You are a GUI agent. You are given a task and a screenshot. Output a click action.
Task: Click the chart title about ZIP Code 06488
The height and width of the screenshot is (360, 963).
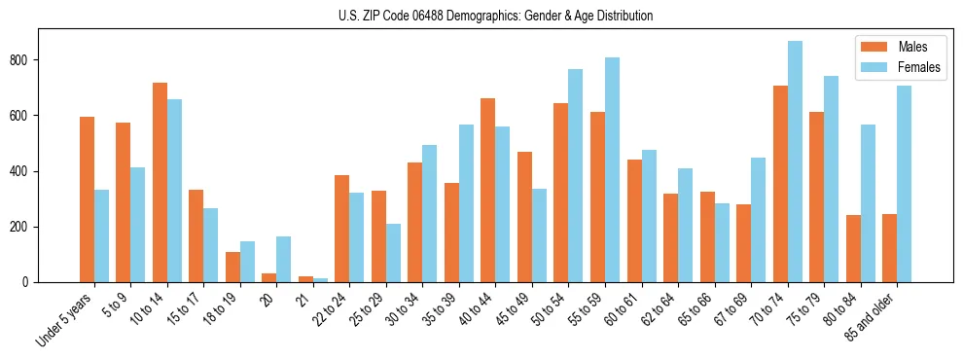481,16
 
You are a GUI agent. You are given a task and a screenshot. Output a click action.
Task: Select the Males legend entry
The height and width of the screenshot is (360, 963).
899,47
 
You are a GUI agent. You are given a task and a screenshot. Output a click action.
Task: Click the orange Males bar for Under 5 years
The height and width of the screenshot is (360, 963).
87,199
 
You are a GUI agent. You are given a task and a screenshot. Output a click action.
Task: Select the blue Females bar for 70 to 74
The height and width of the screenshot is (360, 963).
795,162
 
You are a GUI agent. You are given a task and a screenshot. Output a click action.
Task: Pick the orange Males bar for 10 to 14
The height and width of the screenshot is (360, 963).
160,183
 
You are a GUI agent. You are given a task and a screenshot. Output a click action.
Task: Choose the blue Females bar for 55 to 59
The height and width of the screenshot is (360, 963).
612,170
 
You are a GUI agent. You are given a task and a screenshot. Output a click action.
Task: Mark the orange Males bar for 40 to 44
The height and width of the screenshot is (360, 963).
488,191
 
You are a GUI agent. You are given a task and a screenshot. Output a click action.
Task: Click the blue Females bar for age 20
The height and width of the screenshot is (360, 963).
283,260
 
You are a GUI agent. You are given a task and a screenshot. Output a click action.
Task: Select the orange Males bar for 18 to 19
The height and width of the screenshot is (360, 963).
232,268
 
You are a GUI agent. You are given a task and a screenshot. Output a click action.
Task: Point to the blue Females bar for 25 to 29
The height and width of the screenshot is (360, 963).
393,253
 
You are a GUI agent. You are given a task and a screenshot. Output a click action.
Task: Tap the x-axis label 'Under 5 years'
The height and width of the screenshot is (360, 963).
66,317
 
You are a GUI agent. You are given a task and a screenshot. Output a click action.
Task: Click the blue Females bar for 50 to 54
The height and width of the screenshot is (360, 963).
576,176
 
